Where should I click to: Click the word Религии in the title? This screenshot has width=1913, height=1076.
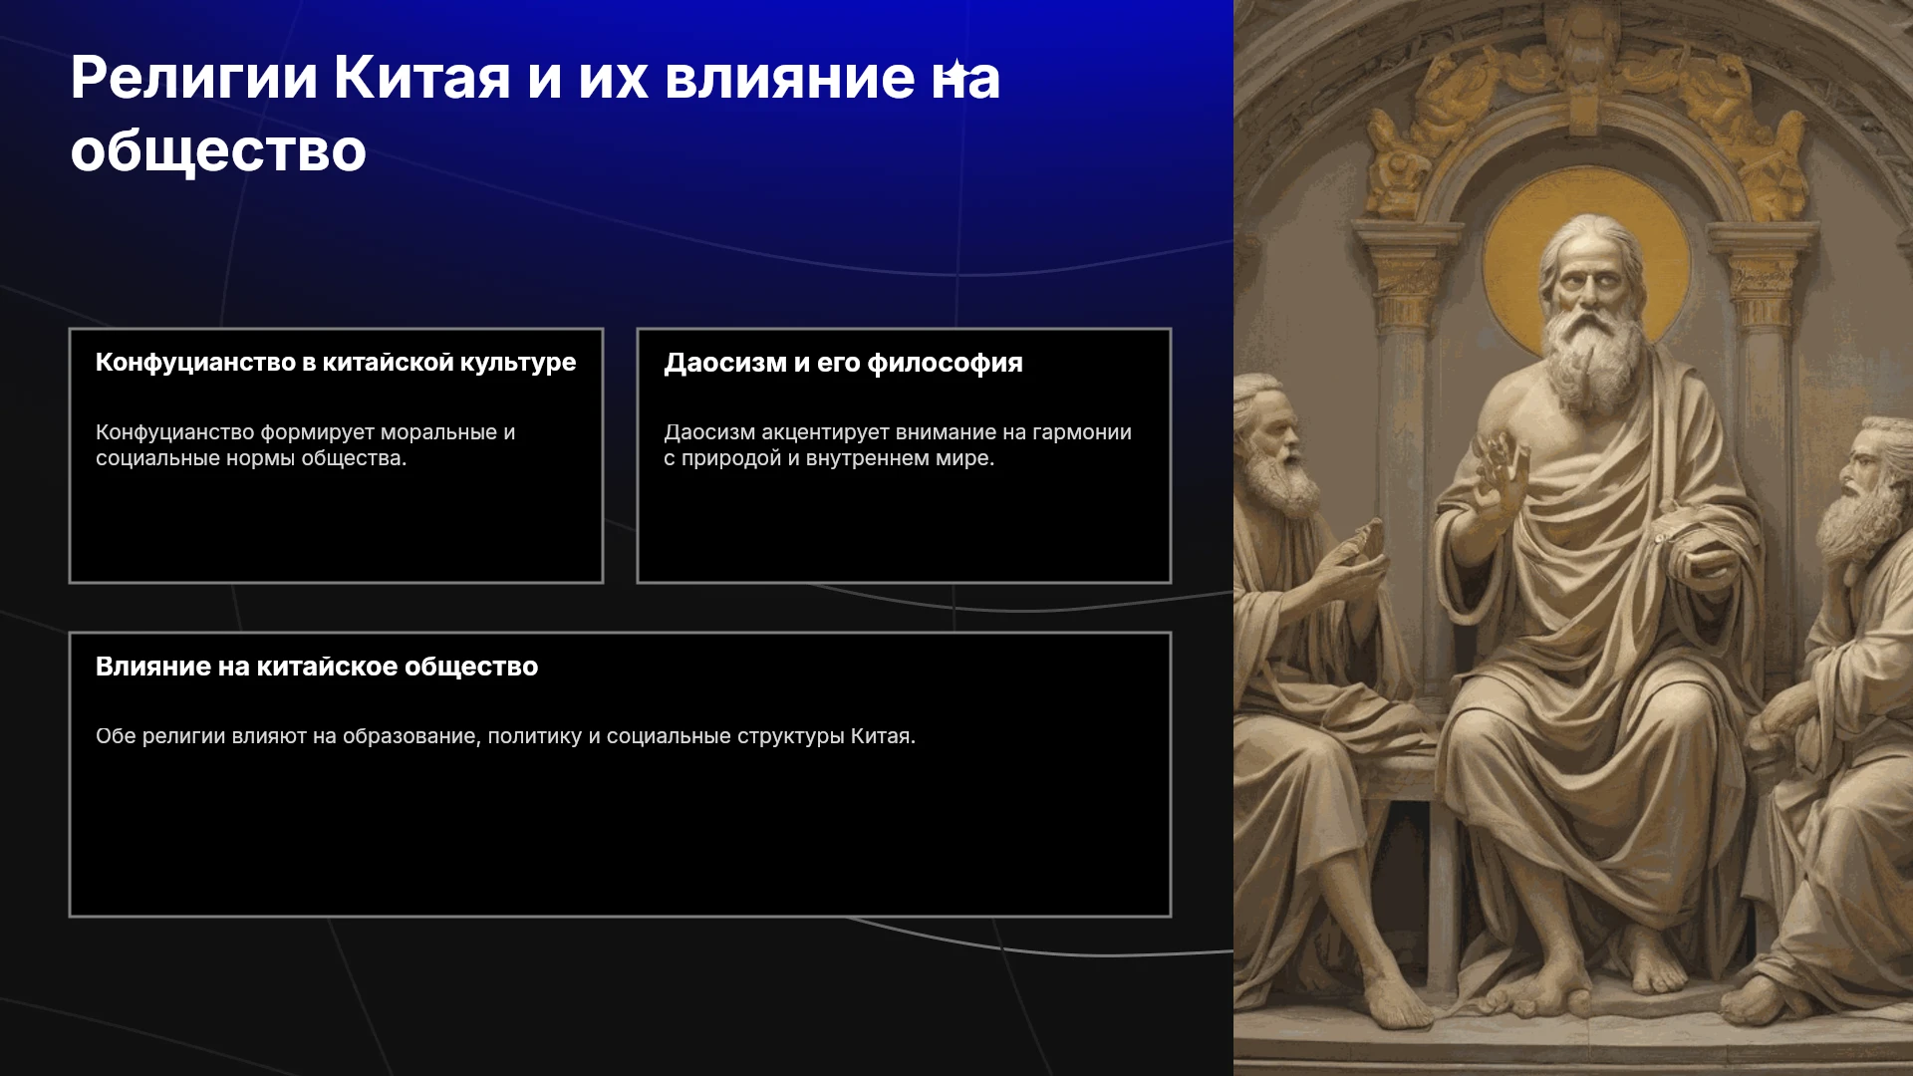(x=194, y=79)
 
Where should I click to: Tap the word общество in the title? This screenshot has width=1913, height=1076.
(x=218, y=151)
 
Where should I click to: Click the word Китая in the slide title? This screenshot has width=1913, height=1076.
(x=422, y=78)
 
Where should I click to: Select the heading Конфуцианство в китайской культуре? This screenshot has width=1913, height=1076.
(x=336, y=363)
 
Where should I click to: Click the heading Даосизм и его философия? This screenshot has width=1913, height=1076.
(x=844, y=363)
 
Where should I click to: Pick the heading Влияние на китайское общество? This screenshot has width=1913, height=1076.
(x=317, y=667)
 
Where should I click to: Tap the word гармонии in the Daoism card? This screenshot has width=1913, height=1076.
(x=1082, y=432)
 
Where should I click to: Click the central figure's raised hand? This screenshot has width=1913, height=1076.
(x=1502, y=474)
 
